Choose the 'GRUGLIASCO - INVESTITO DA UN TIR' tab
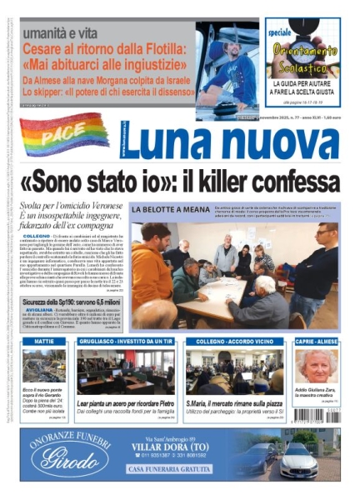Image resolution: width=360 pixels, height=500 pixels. (125, 342)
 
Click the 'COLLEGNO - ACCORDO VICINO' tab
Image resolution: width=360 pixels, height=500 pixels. (222, 342)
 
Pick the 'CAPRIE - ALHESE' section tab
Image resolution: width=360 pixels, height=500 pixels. (315, 342)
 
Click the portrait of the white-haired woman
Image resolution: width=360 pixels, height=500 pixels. (315, 367)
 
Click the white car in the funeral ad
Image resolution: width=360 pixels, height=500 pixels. (300, 460)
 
